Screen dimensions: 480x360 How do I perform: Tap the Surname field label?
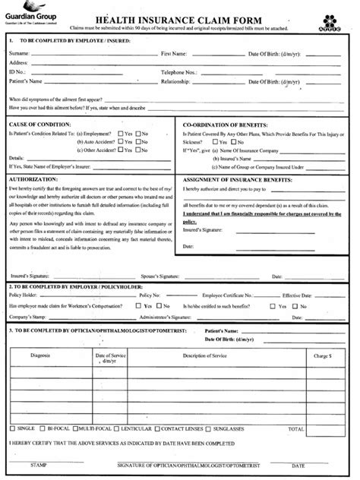(20, 54)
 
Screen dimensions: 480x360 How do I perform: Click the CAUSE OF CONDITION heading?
(38, 122)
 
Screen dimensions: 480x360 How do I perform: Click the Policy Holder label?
(24, 295)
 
